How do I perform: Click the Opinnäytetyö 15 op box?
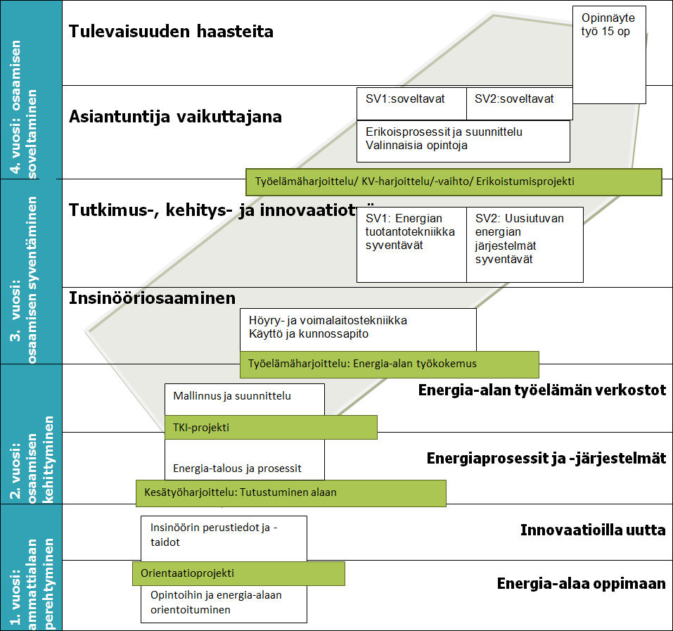pyautogui.click(x=609, y=55)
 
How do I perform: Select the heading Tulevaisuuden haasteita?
pyautogui.click(x=171, y=32)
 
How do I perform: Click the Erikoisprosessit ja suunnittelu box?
pyautogui.click(x=463, y=139)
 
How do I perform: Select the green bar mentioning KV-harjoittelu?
pyautogui.click(x=454, y=181)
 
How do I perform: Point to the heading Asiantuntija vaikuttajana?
pyautogui.click(x=175, y=117)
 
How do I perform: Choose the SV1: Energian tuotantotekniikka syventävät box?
pyautogui.click(x=411, y=243)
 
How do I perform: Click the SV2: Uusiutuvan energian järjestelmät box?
pyautogui.click(x=524, y=243)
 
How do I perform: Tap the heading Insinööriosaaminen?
pyautogui.click(x=152, y=298)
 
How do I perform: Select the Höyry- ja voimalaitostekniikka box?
pyautogui.click(x=358, y=328)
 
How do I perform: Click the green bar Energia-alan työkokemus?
pyautogui.click(x=390, y=364)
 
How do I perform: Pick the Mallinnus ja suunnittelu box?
pyautogui.click(x=244, y=397)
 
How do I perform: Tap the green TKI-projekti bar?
pyautogui.click(x=271, y=427)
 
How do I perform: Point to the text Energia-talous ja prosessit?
pyautogui.click(x=237, y=468)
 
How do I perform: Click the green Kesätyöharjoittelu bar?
pyautogui.click(x=291, y=492)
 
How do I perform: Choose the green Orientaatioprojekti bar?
pyautogui.click(x=238, y=573)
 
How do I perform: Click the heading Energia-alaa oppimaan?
pyautogui.click(x=581, y=584)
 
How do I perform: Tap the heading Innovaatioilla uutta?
pyautogui.click(x=592, y=530)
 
